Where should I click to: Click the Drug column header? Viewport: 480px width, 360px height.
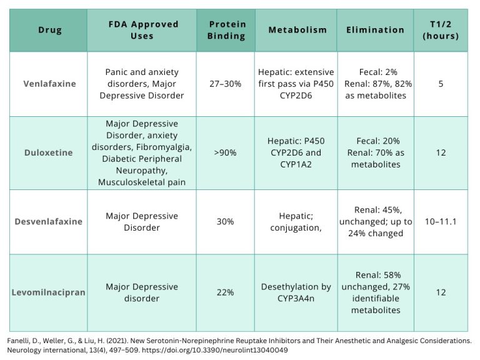(x=50, y=30)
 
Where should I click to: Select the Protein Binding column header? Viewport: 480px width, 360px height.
(x=226, y=30)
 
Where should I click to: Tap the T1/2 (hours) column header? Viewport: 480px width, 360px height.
(x=441, y=30)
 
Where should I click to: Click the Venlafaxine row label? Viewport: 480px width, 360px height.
(x=49, y=84)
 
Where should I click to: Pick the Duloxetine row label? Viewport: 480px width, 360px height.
(x=48, y=152)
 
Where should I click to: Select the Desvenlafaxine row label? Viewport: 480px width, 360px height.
(x=48, y=221)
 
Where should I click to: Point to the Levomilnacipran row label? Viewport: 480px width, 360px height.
(x=48, y=292)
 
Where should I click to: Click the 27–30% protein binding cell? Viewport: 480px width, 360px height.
(x=225, y=84)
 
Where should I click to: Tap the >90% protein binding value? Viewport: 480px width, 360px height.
(x=225, y=152)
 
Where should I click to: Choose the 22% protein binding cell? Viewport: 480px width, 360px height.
(x=225, y=292)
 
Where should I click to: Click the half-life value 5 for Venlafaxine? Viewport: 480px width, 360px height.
(x=441, y=84)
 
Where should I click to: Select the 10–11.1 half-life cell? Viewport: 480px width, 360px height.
(x=441, y=221)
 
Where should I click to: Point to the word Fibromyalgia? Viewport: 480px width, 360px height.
(x=164, y=147)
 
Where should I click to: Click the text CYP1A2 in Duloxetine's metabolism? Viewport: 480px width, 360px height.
(x=296, y=164)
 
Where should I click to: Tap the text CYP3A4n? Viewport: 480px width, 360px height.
(x=296, y=298)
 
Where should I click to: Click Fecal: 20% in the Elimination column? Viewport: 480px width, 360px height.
(x=378, y=141)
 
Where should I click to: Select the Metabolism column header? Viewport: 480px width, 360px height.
(x=297, y=30)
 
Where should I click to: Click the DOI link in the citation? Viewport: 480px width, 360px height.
(x=215, y=350)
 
